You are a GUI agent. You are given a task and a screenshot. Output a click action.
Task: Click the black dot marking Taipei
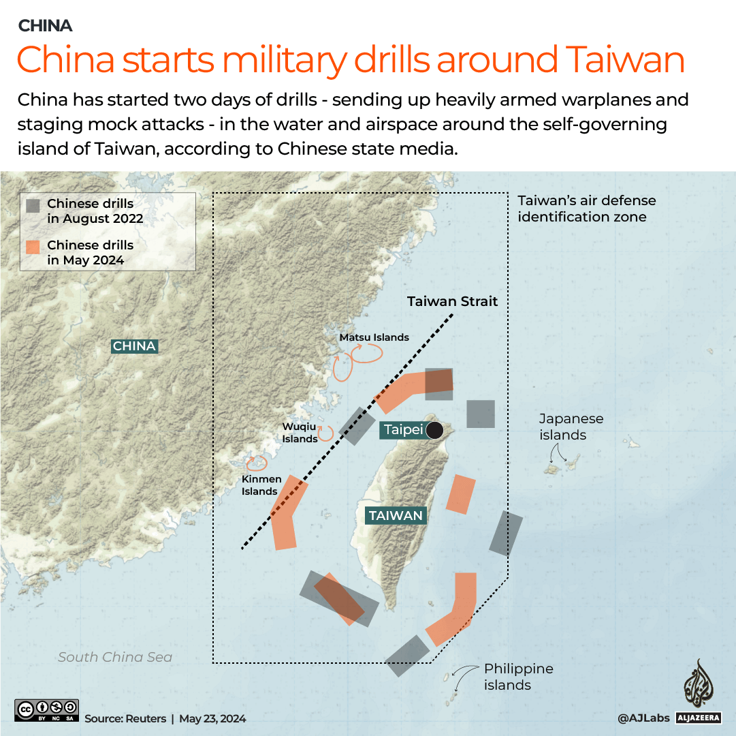coord(434,430)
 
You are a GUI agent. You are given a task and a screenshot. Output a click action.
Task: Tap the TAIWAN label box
coord(396,516)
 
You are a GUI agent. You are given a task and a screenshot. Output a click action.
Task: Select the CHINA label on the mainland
coord(134,346)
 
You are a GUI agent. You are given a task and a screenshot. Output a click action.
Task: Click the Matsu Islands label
coord(374,337)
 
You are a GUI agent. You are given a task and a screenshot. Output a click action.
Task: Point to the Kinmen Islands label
coord(259,485)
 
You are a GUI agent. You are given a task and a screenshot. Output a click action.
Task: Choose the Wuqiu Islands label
coord(300,433)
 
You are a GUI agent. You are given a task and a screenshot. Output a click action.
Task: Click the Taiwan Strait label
coord(452,301)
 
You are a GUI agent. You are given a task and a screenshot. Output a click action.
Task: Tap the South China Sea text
coord(115,658)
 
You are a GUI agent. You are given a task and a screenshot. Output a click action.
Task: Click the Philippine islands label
coord(518,677)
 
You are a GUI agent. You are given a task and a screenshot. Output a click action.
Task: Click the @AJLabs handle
coord(643,718)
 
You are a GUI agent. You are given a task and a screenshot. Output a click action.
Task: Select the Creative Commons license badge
coord(46,710)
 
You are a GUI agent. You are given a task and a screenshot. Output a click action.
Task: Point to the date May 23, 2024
coord(212,718)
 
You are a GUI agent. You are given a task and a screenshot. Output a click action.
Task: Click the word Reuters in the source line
coord(144,718)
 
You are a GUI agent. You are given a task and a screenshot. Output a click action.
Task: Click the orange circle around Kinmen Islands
coord(257,463)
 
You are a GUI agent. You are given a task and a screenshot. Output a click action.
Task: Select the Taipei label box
coord(403,430)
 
